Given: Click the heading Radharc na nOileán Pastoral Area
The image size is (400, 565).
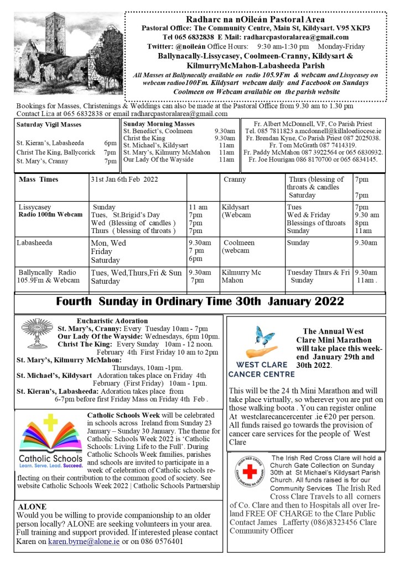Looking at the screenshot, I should pyautogui.click(x=256, y=19).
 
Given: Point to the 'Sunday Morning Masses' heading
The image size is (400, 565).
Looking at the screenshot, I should pyautogui.click(x=159, y=124).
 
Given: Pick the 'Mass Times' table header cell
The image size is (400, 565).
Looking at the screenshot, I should pyautogui.click(x=38, y=179).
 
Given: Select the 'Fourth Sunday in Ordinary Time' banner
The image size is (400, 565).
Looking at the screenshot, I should pyautogui.click(x=200, y=303).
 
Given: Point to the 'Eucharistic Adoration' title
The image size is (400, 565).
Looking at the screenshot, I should pyautogui.click(x=110, y=320).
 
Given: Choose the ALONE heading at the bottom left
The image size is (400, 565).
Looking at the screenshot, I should pyautogui.click(x=32, y=507).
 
